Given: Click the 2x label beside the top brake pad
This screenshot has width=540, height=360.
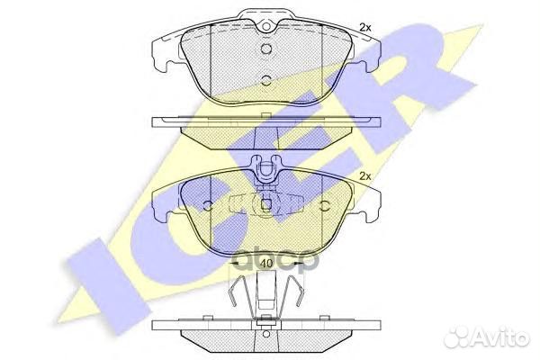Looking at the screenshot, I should tap(365, 28).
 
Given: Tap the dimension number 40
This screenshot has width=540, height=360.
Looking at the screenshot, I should tap(265, 263).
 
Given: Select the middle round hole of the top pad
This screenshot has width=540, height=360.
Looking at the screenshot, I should tap(265, 50).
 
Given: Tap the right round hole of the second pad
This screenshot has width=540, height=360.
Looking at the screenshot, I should tap(324, 204).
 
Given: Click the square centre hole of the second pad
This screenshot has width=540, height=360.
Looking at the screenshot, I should tap(265, 202).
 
